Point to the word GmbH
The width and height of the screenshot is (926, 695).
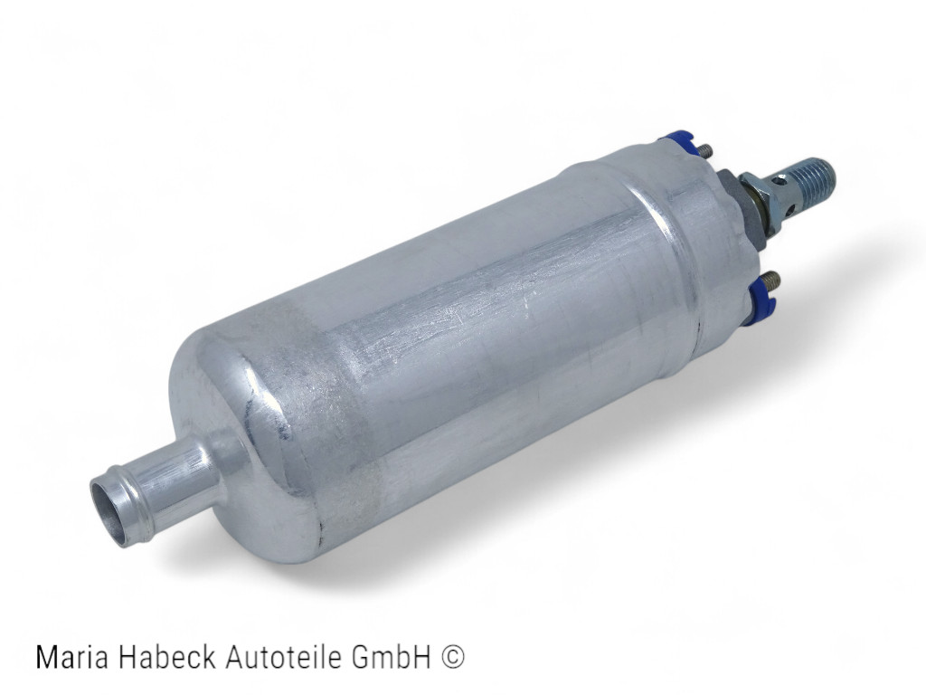(x=391, y=657)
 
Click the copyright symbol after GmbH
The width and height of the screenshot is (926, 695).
(x=452, y=657)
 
